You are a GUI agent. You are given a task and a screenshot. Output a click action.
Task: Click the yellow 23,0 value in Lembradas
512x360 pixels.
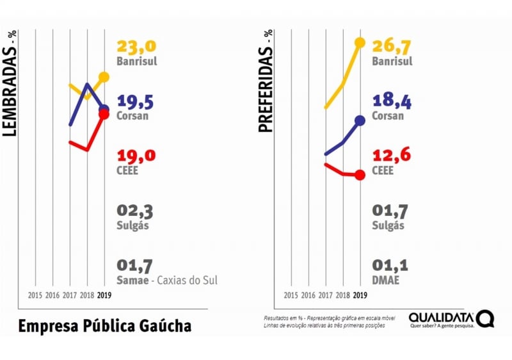136,47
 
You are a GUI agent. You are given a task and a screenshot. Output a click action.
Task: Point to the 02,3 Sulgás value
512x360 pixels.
135,211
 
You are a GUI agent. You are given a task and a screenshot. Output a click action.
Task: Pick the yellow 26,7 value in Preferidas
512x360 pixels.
392,47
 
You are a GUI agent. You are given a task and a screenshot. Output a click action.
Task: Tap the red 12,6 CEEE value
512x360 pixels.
391,156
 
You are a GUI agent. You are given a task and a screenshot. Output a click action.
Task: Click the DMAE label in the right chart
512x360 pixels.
385,280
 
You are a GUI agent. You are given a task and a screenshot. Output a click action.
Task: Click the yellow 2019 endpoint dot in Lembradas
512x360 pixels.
104,77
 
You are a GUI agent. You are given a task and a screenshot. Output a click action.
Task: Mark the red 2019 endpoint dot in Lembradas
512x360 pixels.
104,115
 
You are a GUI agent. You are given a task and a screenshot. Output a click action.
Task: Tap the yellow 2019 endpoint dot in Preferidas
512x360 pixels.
360,42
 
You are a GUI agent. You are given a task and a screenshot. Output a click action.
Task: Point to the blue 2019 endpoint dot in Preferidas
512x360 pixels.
360,120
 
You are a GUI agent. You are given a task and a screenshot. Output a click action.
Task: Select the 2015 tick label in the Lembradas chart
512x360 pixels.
35,295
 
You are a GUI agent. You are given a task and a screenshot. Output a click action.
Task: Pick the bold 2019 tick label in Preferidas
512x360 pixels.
360,295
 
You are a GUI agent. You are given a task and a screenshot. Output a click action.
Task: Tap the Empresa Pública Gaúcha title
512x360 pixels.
104,325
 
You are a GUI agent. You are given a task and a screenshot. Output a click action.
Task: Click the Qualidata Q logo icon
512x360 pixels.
485,318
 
